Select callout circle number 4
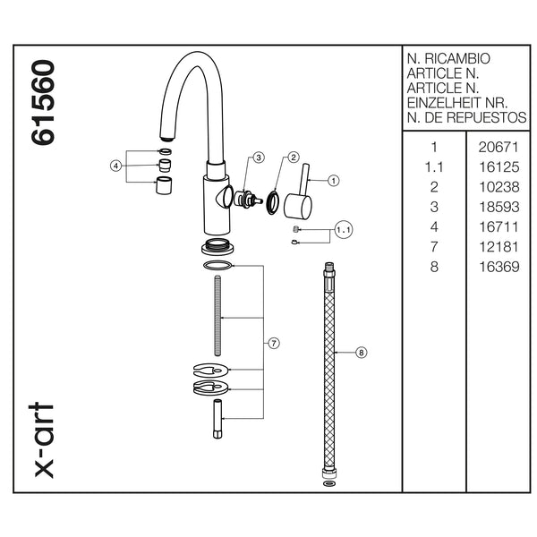(x=115, y=166)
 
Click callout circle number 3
(x=258, y=158)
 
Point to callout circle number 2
(x=293, y=158)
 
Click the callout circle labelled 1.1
(x=345, y=230)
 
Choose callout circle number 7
(x=275, y=343)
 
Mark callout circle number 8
(x=362, y=353)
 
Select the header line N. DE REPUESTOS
(x=466, y=119)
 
